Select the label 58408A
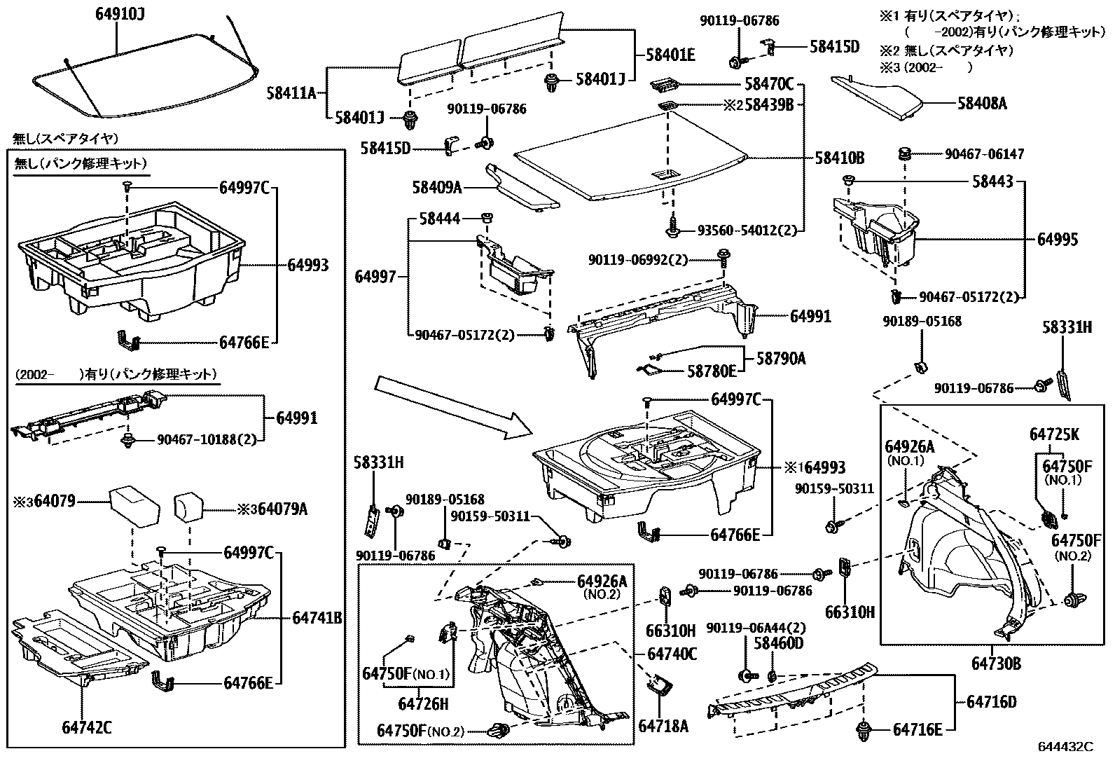(x=982, y=104)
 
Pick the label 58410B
(x=839, y=158)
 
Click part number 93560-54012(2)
(x=747, y=231)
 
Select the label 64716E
(x=917, y=729)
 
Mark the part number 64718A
(x=663, y=727)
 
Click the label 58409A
(x=437, y=187)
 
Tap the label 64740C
(x=672, y=654)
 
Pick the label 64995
(x=1058, y=240)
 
